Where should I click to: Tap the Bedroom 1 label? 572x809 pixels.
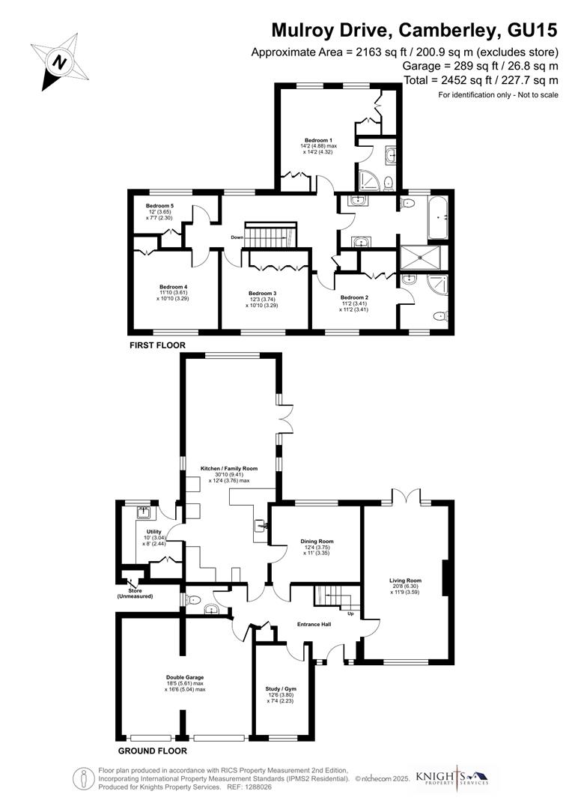click(318, 141)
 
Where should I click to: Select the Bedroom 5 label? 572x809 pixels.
click(159, 206)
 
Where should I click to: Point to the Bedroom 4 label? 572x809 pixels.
click(173, 286)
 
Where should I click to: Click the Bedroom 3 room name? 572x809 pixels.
click(263, 293)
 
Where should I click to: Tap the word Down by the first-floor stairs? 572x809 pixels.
click(237, 237)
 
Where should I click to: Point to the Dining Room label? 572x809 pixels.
click(317, 541)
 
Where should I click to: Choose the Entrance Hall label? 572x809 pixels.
click(314, 625)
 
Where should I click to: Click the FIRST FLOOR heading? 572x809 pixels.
click(157, 345)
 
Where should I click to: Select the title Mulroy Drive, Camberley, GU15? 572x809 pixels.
click(414, 31)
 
